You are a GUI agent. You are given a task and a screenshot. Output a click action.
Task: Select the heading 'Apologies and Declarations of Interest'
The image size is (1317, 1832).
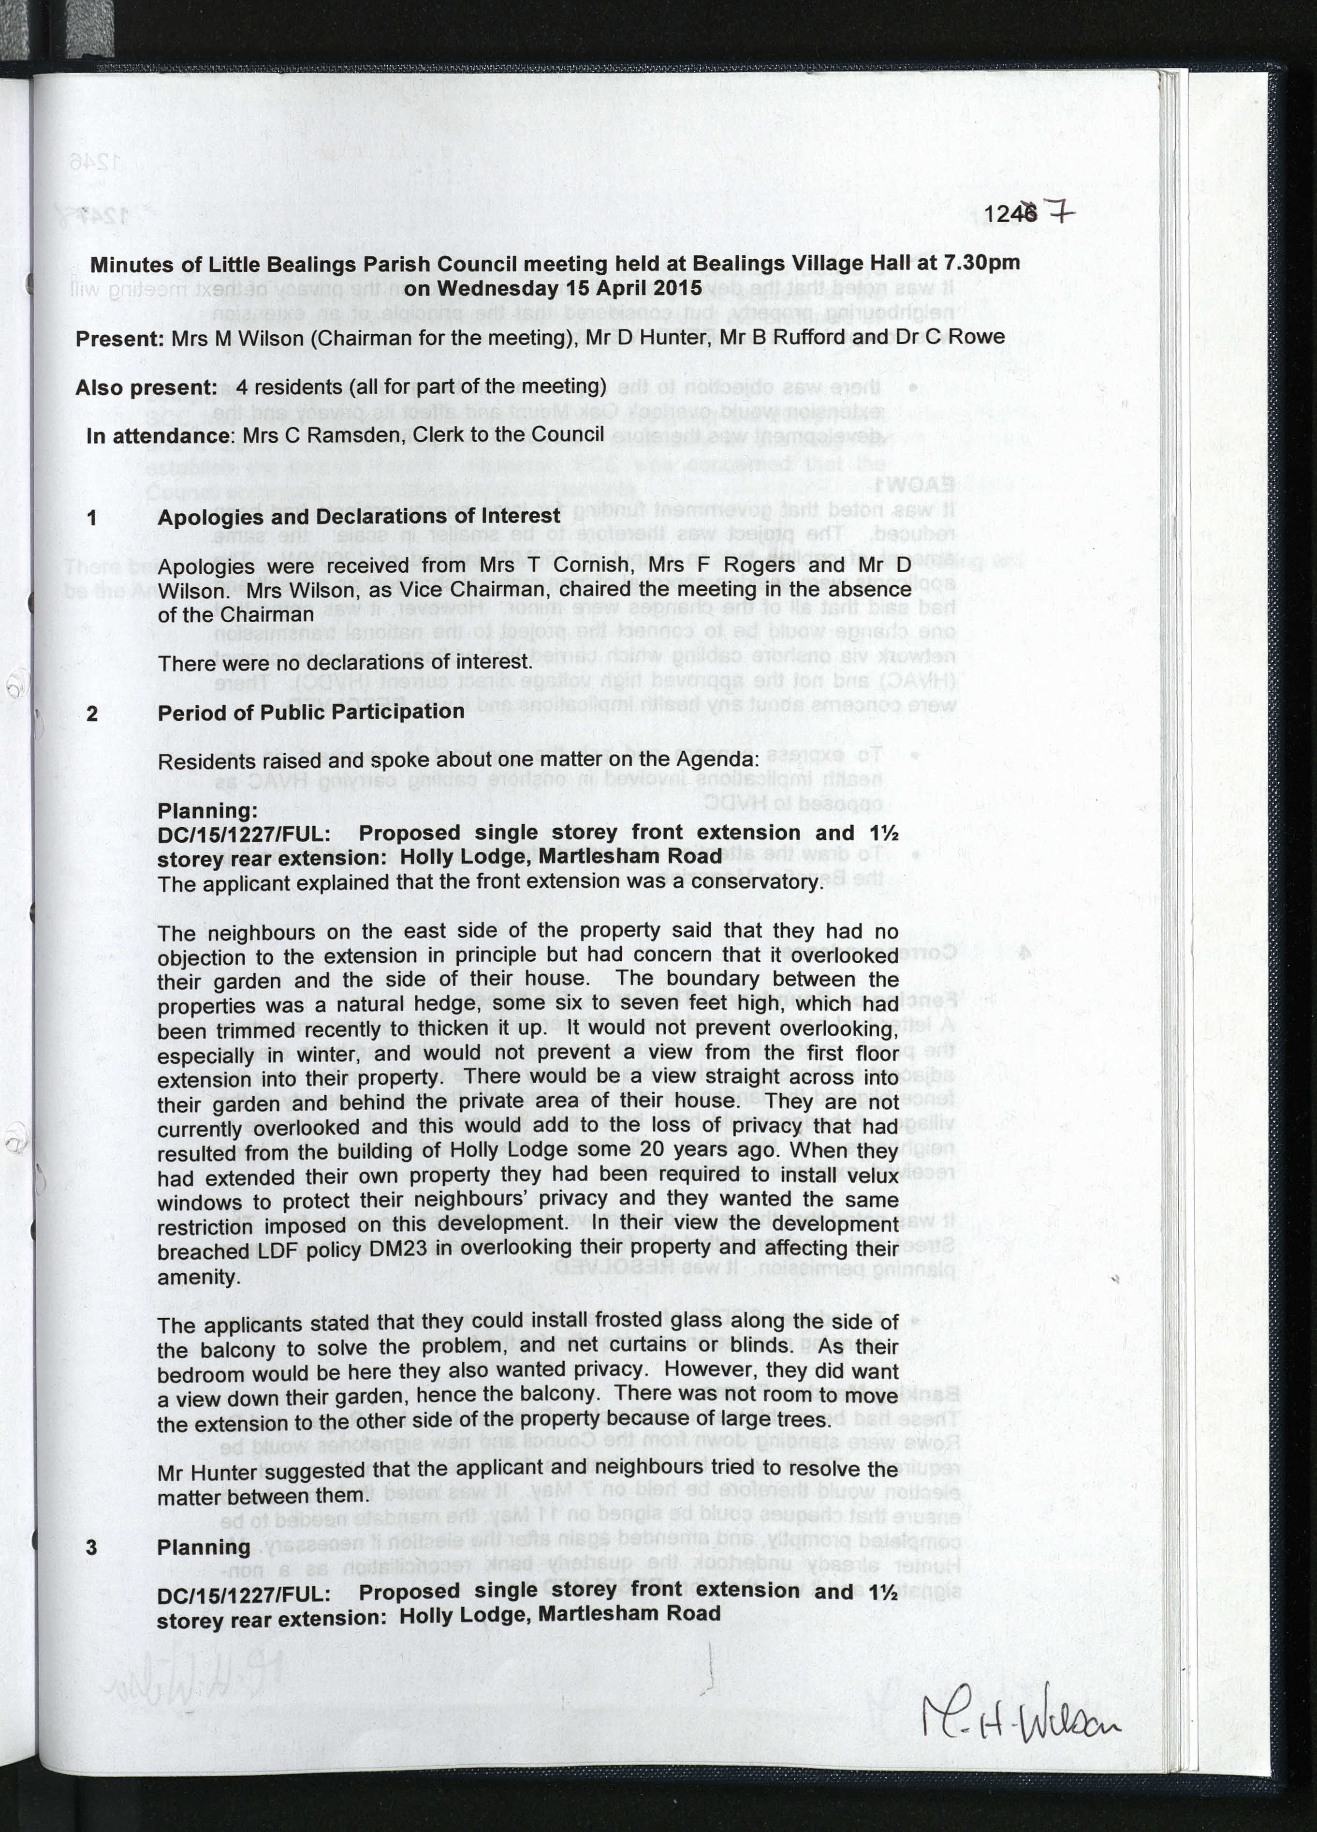point(359,516)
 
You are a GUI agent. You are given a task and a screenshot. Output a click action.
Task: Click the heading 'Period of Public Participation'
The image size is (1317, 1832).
point(311,712)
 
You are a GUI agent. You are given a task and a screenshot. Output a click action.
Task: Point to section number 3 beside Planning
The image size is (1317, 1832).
point(92,1547)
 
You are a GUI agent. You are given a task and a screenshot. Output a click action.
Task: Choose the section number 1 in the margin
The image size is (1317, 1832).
point(92,518)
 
